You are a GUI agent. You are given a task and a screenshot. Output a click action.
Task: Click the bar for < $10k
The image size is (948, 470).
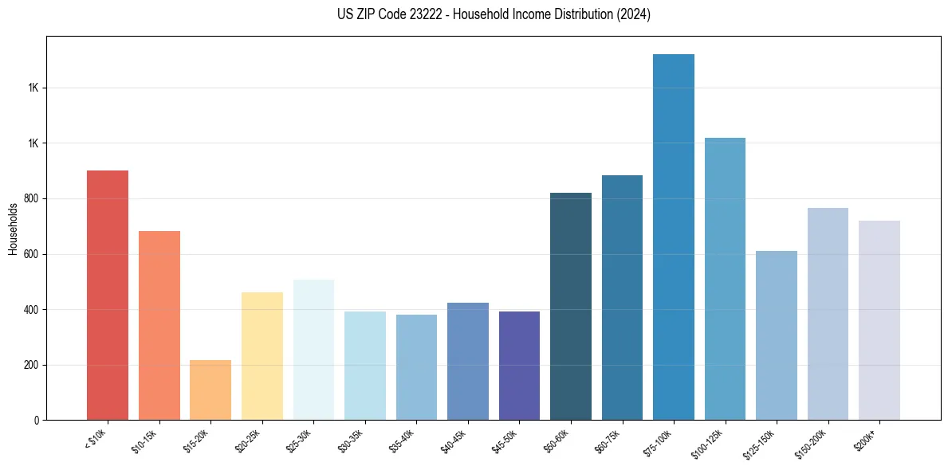point(108,295)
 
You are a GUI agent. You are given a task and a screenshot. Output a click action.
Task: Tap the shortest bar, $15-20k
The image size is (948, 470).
point(210,390)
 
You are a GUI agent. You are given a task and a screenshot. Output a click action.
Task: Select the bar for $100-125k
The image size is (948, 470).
point(725,279)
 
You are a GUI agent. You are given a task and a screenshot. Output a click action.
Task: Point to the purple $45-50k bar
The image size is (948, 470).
point(519,366)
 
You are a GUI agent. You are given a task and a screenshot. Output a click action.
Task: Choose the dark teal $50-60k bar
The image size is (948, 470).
point(571,306)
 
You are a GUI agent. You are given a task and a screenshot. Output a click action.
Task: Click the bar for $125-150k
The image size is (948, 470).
point(777,335)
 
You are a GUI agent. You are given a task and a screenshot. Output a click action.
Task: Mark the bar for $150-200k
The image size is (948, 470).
point(828,314)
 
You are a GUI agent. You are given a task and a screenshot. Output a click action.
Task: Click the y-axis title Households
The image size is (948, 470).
point(13,229)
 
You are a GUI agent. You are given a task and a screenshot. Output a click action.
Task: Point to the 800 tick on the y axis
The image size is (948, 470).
point(33,198)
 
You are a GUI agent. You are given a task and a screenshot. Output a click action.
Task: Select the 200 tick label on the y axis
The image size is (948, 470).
point(33,365)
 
